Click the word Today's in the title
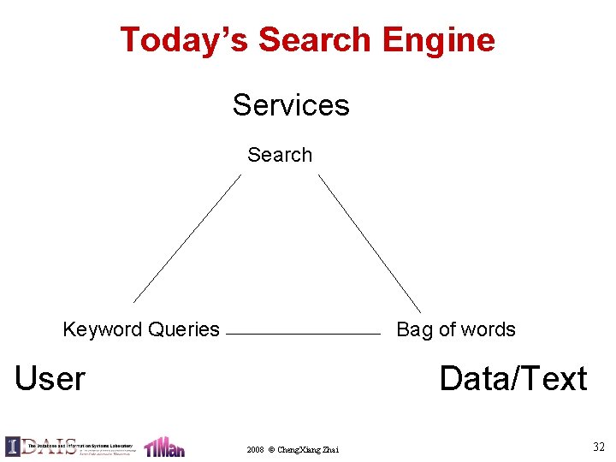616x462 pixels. [184, 40]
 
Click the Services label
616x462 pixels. [291, 105]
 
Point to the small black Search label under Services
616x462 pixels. [280, 155]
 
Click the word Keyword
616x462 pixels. [102, 329]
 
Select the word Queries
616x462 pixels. [183, 329]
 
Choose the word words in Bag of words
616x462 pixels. [489, 329]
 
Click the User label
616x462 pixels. [50, 378]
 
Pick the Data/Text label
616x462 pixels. [512, 378]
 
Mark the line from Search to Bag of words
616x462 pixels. [370, 243]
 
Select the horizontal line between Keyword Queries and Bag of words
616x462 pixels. [305, 334]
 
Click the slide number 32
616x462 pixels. [598, 446]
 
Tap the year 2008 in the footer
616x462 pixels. [255, 449]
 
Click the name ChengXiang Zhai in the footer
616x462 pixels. [308, 449]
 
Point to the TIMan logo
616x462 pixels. [164, 447]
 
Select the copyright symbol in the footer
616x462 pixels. [271, 449]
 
